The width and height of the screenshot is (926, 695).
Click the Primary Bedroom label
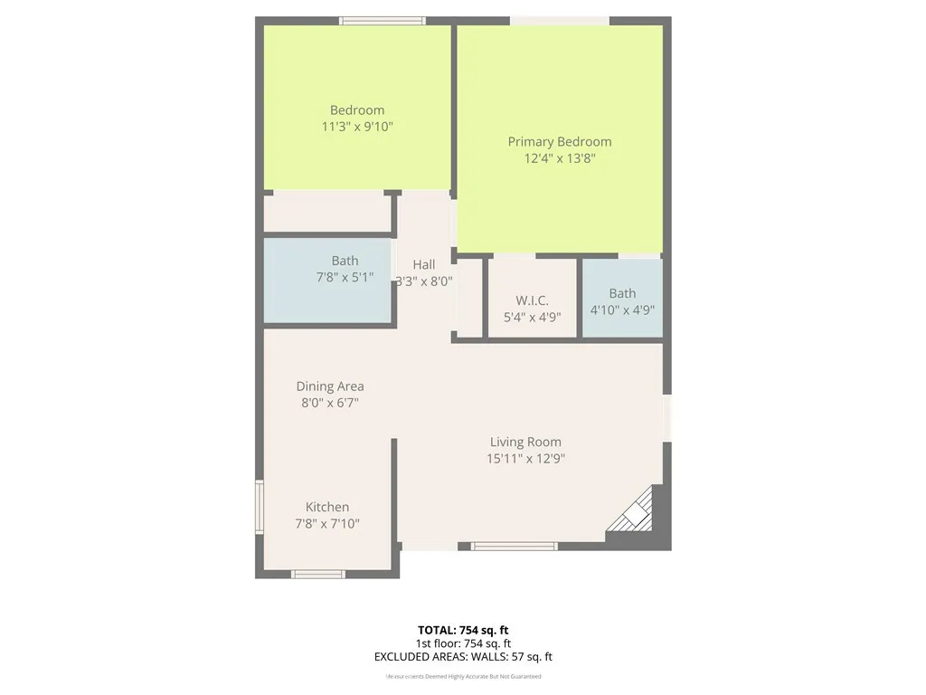tap(559, 141)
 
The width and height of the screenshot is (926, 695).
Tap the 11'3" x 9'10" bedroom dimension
tap(357, 127)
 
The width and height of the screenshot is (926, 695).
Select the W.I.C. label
tap(532, 300)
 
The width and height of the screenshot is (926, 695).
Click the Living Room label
tap(525, 442)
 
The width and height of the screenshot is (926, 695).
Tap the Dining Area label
tap(330, 386)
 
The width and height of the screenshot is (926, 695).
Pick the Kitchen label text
tap(326, 507)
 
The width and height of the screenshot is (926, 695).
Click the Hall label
tap(423, 264)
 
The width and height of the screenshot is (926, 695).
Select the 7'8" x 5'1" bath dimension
tap(345, 277)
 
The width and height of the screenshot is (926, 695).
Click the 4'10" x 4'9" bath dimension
tap(622, 309)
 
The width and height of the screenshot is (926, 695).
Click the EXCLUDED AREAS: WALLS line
tap(462, 657)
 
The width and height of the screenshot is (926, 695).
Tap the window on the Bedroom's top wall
tap(383, 20)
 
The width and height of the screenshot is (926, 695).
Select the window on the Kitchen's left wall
tap(260, 508)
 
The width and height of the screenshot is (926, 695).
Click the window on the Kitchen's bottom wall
tap(317, 574)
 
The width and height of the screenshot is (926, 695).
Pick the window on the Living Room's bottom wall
tap(514, 546)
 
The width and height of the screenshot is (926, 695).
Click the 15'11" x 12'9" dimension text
tap(525, 458)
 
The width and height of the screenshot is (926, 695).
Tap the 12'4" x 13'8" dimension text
tap(559, 157)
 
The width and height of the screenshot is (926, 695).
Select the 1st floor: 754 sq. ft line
tap(462, 643)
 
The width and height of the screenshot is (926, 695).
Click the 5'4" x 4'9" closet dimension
tap(532, 317)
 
